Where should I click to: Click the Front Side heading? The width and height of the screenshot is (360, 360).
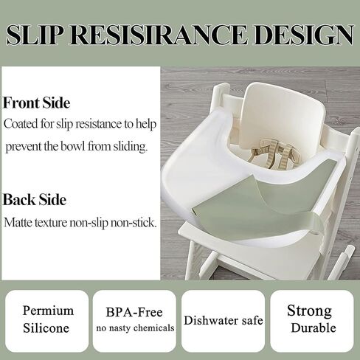coord(36,103)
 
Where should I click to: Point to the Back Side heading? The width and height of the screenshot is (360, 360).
coord(35,200)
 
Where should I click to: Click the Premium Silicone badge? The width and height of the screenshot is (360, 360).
coord(48,320)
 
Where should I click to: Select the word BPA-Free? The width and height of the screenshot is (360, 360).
coord(134,313)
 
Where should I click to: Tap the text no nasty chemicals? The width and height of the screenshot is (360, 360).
coord(134,328)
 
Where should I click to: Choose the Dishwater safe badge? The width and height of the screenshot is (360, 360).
coord(223,321)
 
